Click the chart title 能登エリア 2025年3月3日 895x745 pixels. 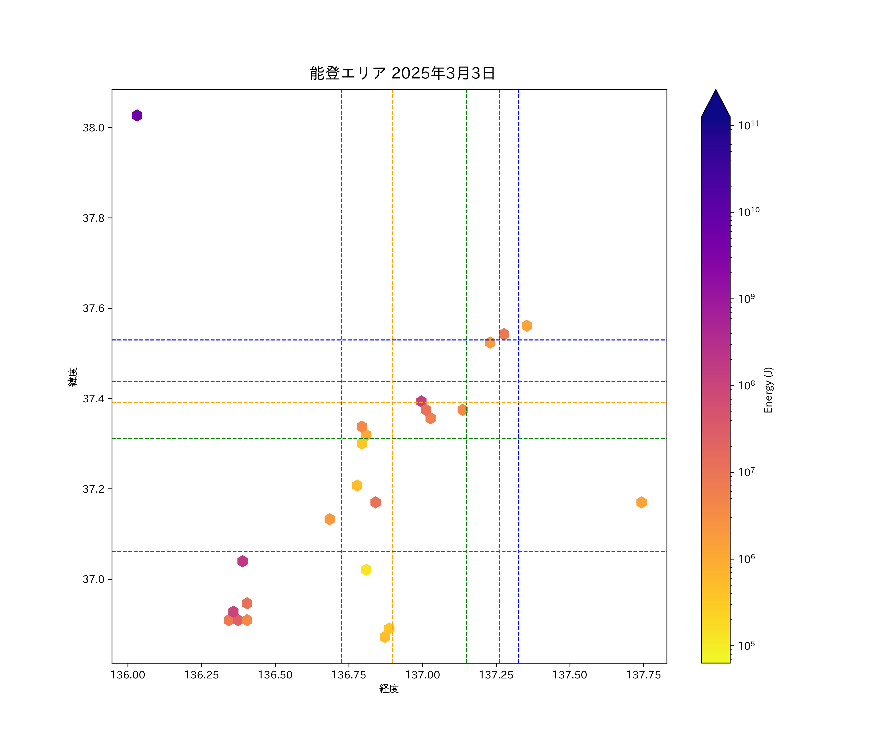click(x=402, y=73)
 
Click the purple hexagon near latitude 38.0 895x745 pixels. click(x=137, y=115)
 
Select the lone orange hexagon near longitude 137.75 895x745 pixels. click(x=641, y=502)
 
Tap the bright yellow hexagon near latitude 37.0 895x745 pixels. click(x=366, y=570)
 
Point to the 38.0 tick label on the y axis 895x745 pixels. click(x=93, y=128)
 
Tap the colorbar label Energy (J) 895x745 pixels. click(x=768, y=390)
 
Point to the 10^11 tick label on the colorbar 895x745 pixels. click(x=748, y=125)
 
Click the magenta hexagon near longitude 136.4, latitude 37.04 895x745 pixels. click(x=242, y=561)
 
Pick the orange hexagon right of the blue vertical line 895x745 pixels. click(x=527, y=326)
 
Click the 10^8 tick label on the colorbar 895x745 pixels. click(x=746, y=385)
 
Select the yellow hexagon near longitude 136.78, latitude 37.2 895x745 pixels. click(x=357, y=485)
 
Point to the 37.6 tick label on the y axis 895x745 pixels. click(x=93, y=308)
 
